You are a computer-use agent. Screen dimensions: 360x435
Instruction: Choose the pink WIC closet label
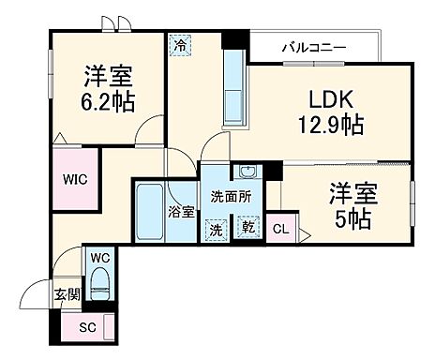point(76,178)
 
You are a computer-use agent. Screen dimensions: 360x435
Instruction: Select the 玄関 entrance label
point(63,294)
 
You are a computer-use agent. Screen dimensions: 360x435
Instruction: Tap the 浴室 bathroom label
point(181,212)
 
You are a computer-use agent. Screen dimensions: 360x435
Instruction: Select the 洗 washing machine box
point(216,228)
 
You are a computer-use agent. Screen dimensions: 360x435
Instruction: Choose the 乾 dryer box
point(247,228)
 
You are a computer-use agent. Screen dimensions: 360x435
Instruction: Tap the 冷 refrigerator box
point(179,44)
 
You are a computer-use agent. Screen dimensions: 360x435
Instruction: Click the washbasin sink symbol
point(247,173)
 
